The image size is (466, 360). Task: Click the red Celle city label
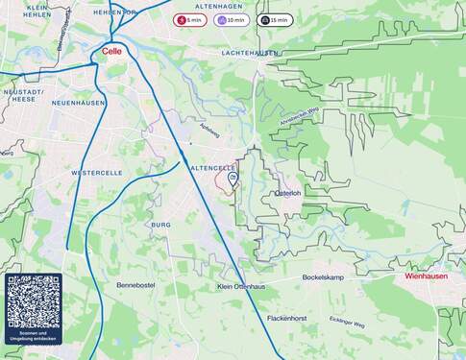pos(112,53)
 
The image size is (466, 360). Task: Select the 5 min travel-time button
pos(189,19)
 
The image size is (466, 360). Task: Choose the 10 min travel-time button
pos(232,19)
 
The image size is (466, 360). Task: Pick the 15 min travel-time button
pos(275,19)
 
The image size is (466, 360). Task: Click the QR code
pos(34,301)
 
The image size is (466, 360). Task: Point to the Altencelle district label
pos(212,167)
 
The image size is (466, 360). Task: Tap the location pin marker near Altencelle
pos(233,178)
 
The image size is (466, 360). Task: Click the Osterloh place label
pos(288,193)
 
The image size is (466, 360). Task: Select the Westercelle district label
pos(97,173)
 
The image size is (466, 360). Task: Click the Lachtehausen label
pos(250,53)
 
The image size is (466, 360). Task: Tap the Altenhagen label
pos(219,6)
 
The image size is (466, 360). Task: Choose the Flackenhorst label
pos(286,318)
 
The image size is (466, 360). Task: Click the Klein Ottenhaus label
pos(241,286)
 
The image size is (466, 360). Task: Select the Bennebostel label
pos(135,285)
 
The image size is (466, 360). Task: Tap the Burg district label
pos(160,225)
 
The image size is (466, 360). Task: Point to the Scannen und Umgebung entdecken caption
pos(34,338)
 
